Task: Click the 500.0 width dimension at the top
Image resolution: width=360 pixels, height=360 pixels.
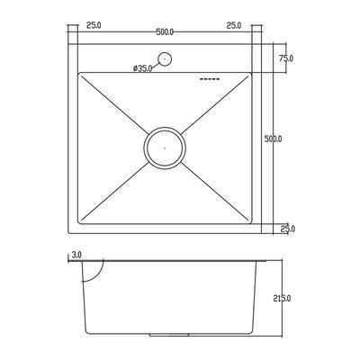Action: click(165, 32)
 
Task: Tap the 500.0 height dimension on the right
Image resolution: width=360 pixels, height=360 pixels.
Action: click(273, 139)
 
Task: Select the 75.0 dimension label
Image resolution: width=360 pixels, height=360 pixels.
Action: click(286, 58)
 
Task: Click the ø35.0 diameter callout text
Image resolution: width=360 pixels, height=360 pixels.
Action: click(142, 68)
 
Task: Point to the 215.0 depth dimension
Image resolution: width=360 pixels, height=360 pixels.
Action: click(282, 299)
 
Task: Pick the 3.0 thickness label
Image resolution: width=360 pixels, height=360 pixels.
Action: click(76, 256)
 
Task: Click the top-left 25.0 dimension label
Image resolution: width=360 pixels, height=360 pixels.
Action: click(94, 25)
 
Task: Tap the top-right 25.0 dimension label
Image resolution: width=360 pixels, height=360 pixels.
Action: click(234, 25)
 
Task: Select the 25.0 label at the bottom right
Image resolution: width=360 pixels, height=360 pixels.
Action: click(288, 229)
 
